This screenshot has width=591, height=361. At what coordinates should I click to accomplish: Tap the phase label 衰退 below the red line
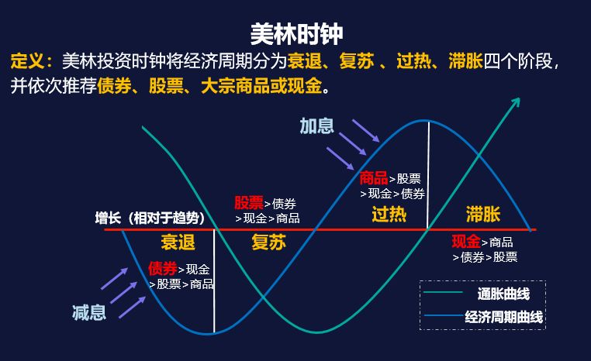pyautogui.click(x=178, y=242)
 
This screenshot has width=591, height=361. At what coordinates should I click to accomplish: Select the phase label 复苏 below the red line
pyautogui.click(x=268, y=242)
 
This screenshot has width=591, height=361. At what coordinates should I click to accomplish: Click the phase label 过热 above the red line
pyautogui.click(x=389, y=214)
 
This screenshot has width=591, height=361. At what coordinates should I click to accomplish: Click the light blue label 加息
pyautogui.click(x=316, y=125)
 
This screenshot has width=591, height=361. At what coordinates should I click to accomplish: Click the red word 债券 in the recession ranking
pyautogui.click(x=163, y=269)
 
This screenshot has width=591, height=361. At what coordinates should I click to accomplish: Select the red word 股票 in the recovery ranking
pyautogui.click(x=249, y=203)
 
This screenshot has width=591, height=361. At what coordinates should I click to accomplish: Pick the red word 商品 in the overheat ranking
pyautogui.click(x=374, y=178)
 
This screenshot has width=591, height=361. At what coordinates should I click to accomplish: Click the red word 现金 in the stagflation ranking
pyautogui.click(x=466, y=241)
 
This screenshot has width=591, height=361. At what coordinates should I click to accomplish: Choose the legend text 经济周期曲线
pyautogui.click(x=504, y=317)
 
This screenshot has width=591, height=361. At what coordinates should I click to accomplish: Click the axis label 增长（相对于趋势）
pyautogui.click(x=141, y=218)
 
